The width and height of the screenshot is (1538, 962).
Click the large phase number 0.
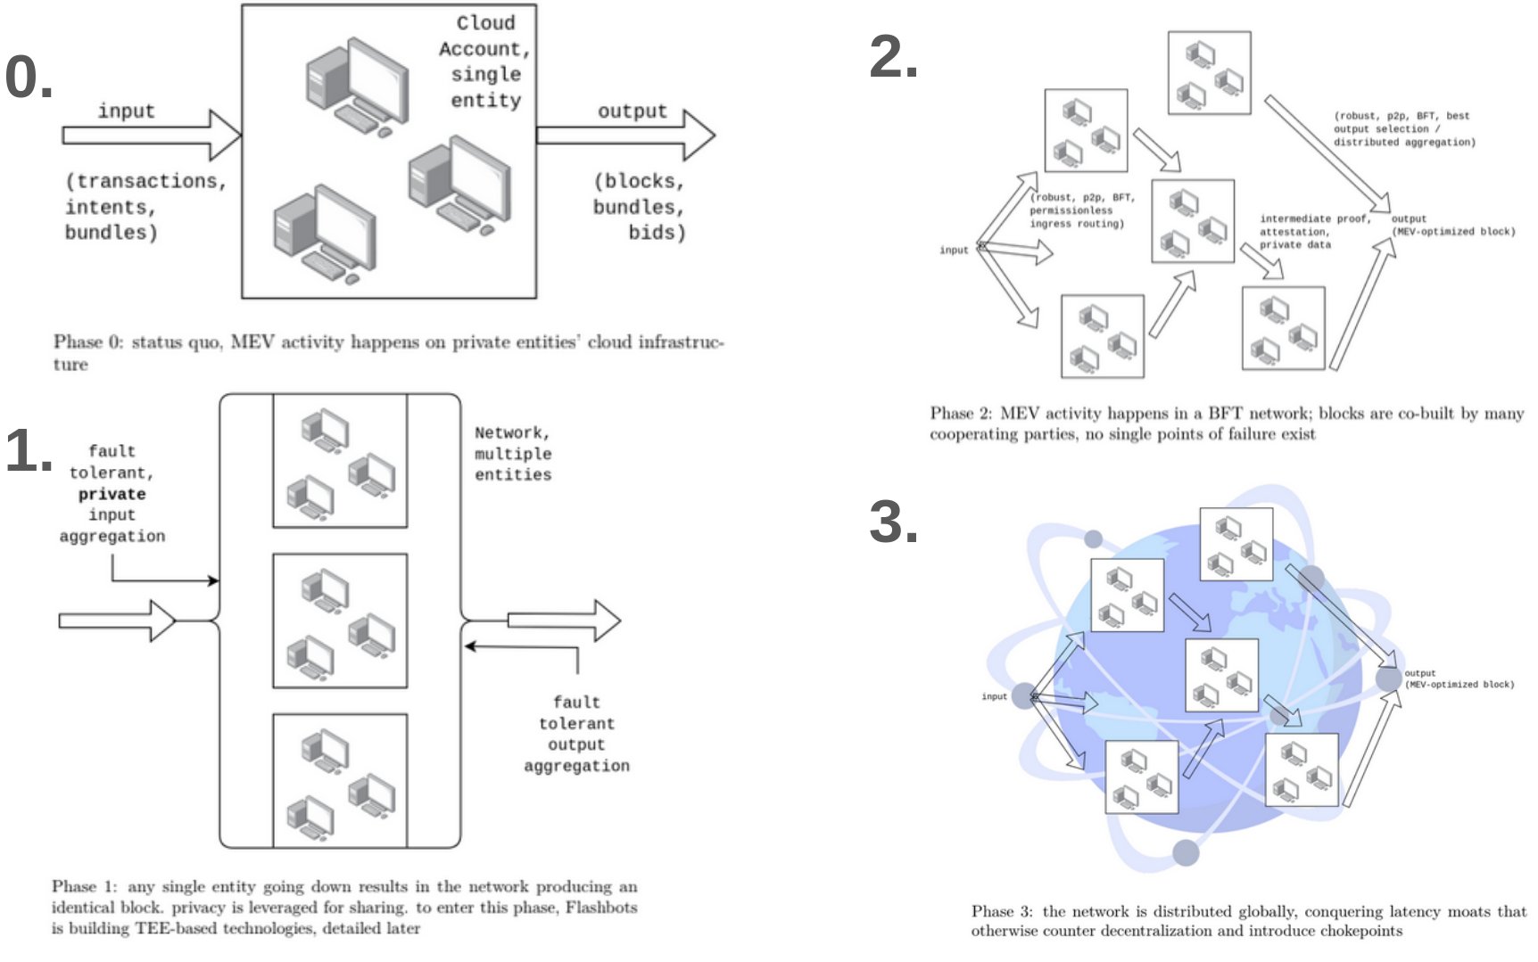tap(28, 77)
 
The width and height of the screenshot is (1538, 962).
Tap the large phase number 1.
tap(28, 450)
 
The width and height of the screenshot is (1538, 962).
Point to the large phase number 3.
tap(893, 522)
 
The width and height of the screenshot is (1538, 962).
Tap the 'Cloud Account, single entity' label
tap(484, 62)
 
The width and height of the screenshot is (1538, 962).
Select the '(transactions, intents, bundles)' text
tap(145, 207)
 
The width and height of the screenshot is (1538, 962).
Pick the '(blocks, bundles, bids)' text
tap(639, 207)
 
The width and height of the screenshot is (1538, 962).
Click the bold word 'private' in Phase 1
tap(112, 494)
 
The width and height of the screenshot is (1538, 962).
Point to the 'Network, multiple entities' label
tap(513, 454)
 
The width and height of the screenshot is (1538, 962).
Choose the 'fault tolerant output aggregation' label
tap(576, 734)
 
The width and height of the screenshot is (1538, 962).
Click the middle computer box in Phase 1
tap(340, 621)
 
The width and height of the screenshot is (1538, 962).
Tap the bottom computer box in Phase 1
tap(340, 781)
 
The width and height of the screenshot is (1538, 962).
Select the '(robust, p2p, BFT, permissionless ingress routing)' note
tap(1081, 210)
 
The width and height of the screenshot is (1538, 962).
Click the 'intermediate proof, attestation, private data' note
tap(1314, 231)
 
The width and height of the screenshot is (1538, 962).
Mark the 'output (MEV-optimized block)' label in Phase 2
tap(1452, 226)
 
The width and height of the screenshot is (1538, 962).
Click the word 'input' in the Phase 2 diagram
tap(954, 251)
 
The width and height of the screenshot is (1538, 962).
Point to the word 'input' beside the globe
tap(994, 696)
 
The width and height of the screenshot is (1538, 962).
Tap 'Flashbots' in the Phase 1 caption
tap(601, 908)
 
